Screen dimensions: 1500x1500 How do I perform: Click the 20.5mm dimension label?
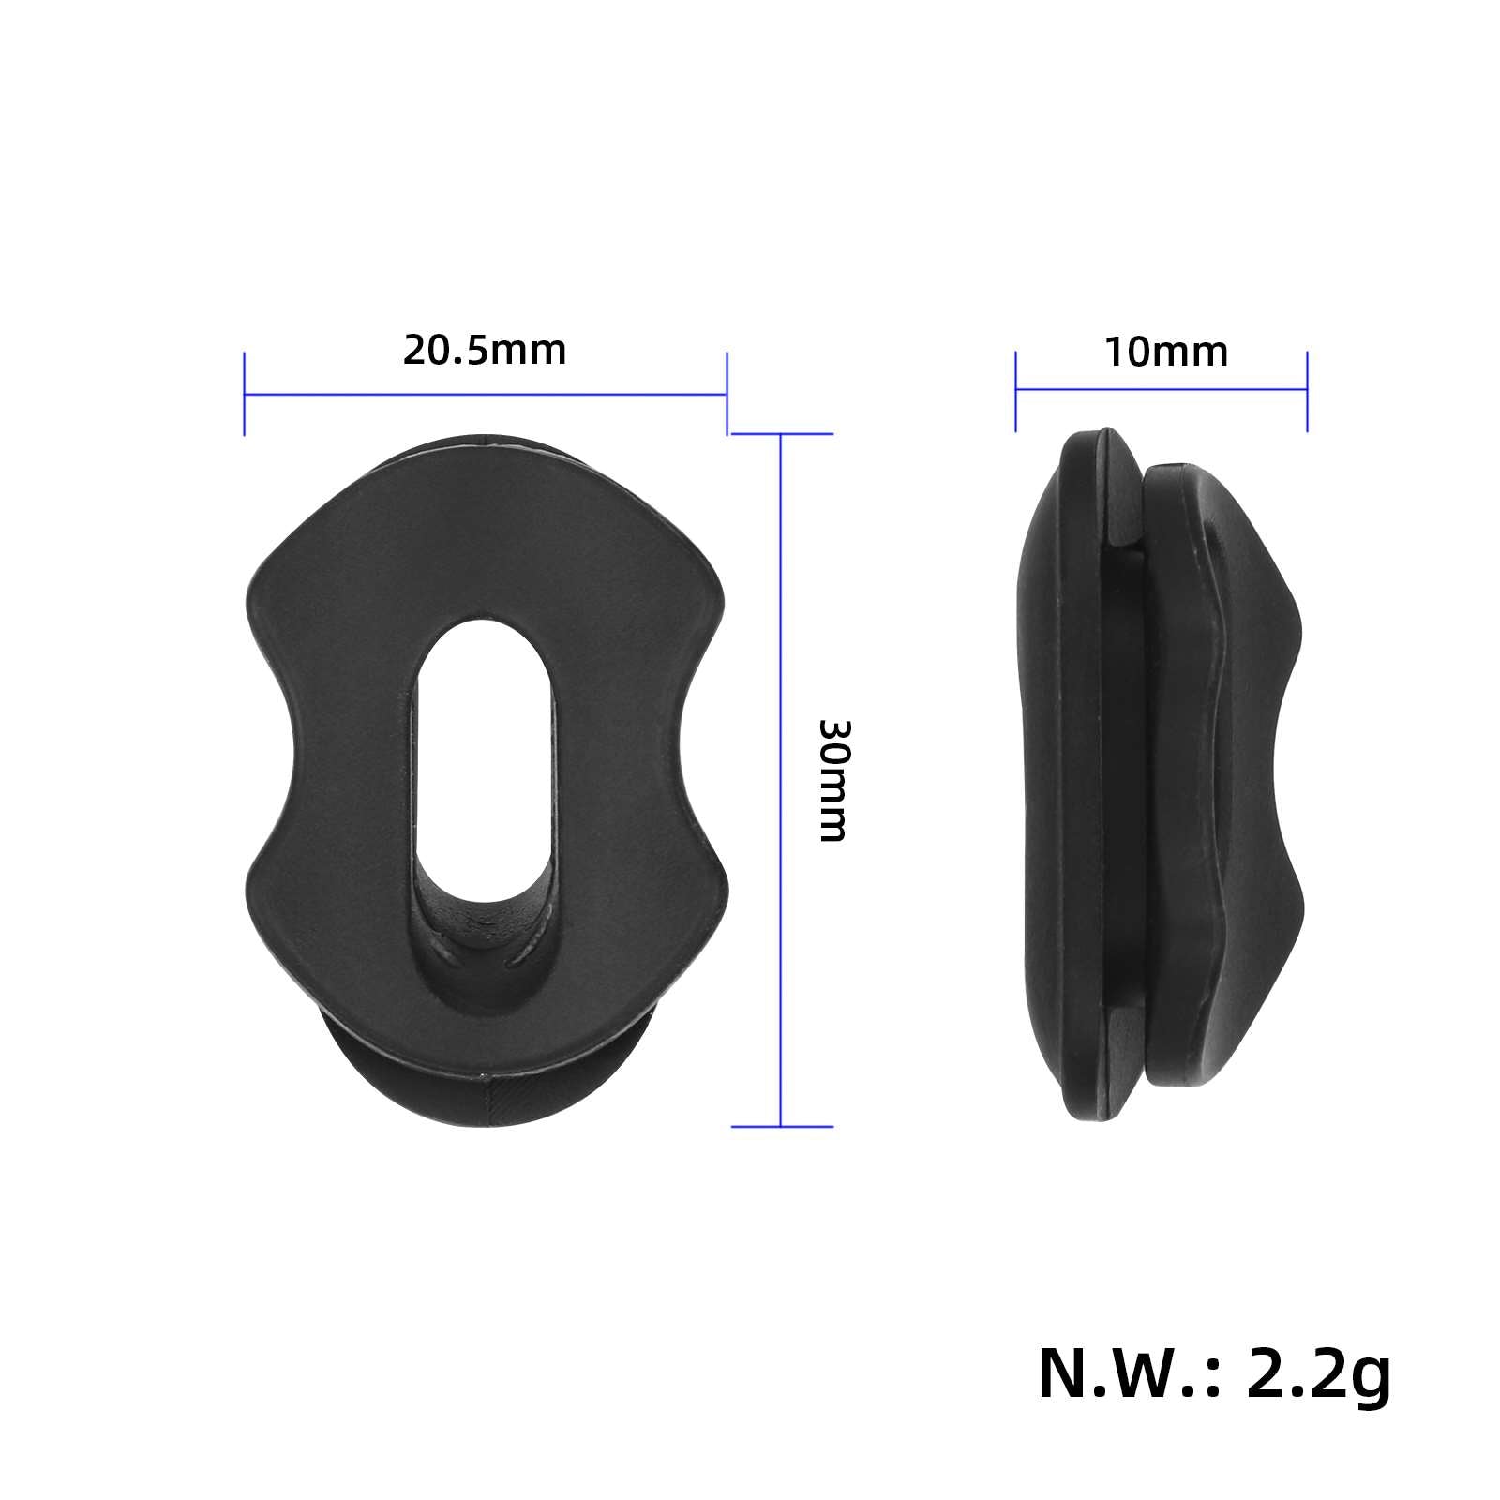tap(485, 352)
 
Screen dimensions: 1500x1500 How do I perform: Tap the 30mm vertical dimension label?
tap(832, 780)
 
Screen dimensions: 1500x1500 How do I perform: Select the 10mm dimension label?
tap(1165, 353)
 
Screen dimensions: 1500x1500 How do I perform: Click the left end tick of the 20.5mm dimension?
tap(245, 394)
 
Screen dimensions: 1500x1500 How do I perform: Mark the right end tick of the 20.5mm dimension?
tap(727, 394)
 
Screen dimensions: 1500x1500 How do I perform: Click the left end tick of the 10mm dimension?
tap(1016, 391)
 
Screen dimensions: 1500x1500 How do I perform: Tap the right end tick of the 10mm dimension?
tap(1307, 391)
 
